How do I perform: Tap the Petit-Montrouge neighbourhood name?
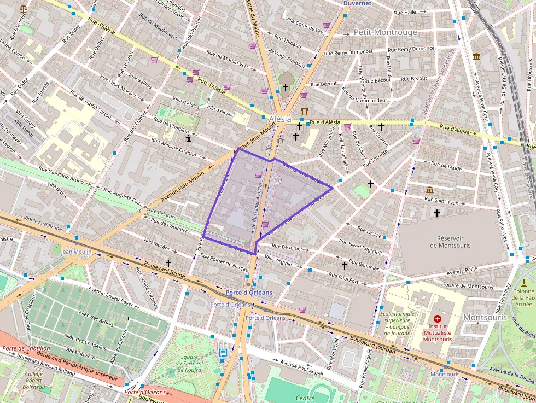(385, 32)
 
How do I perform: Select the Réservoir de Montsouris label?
(450, 242)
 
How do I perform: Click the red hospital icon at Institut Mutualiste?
(437, 318)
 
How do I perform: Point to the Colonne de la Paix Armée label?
(523, 299)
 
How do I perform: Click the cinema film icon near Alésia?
(304, 112)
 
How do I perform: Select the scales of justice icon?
(24, 9)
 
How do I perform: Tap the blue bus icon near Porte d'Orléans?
(224, 353)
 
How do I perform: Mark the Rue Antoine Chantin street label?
(174, 147)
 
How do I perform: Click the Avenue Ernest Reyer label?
(112, 297)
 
